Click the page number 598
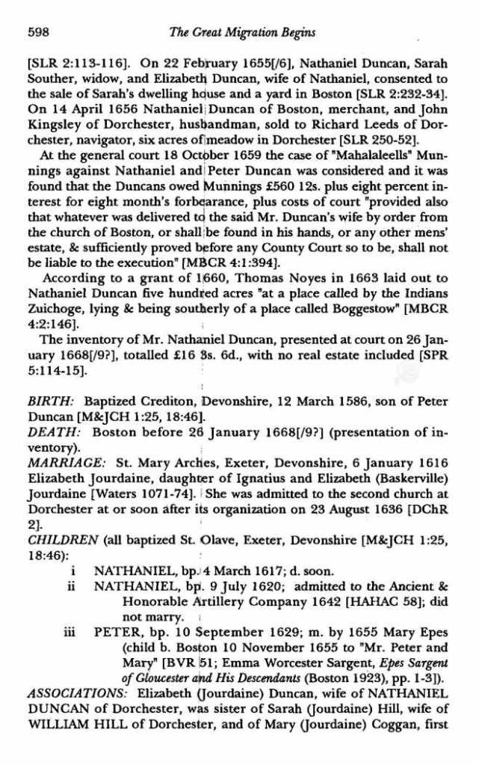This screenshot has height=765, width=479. click(37, 32)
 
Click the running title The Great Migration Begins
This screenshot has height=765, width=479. click(242, 32)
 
